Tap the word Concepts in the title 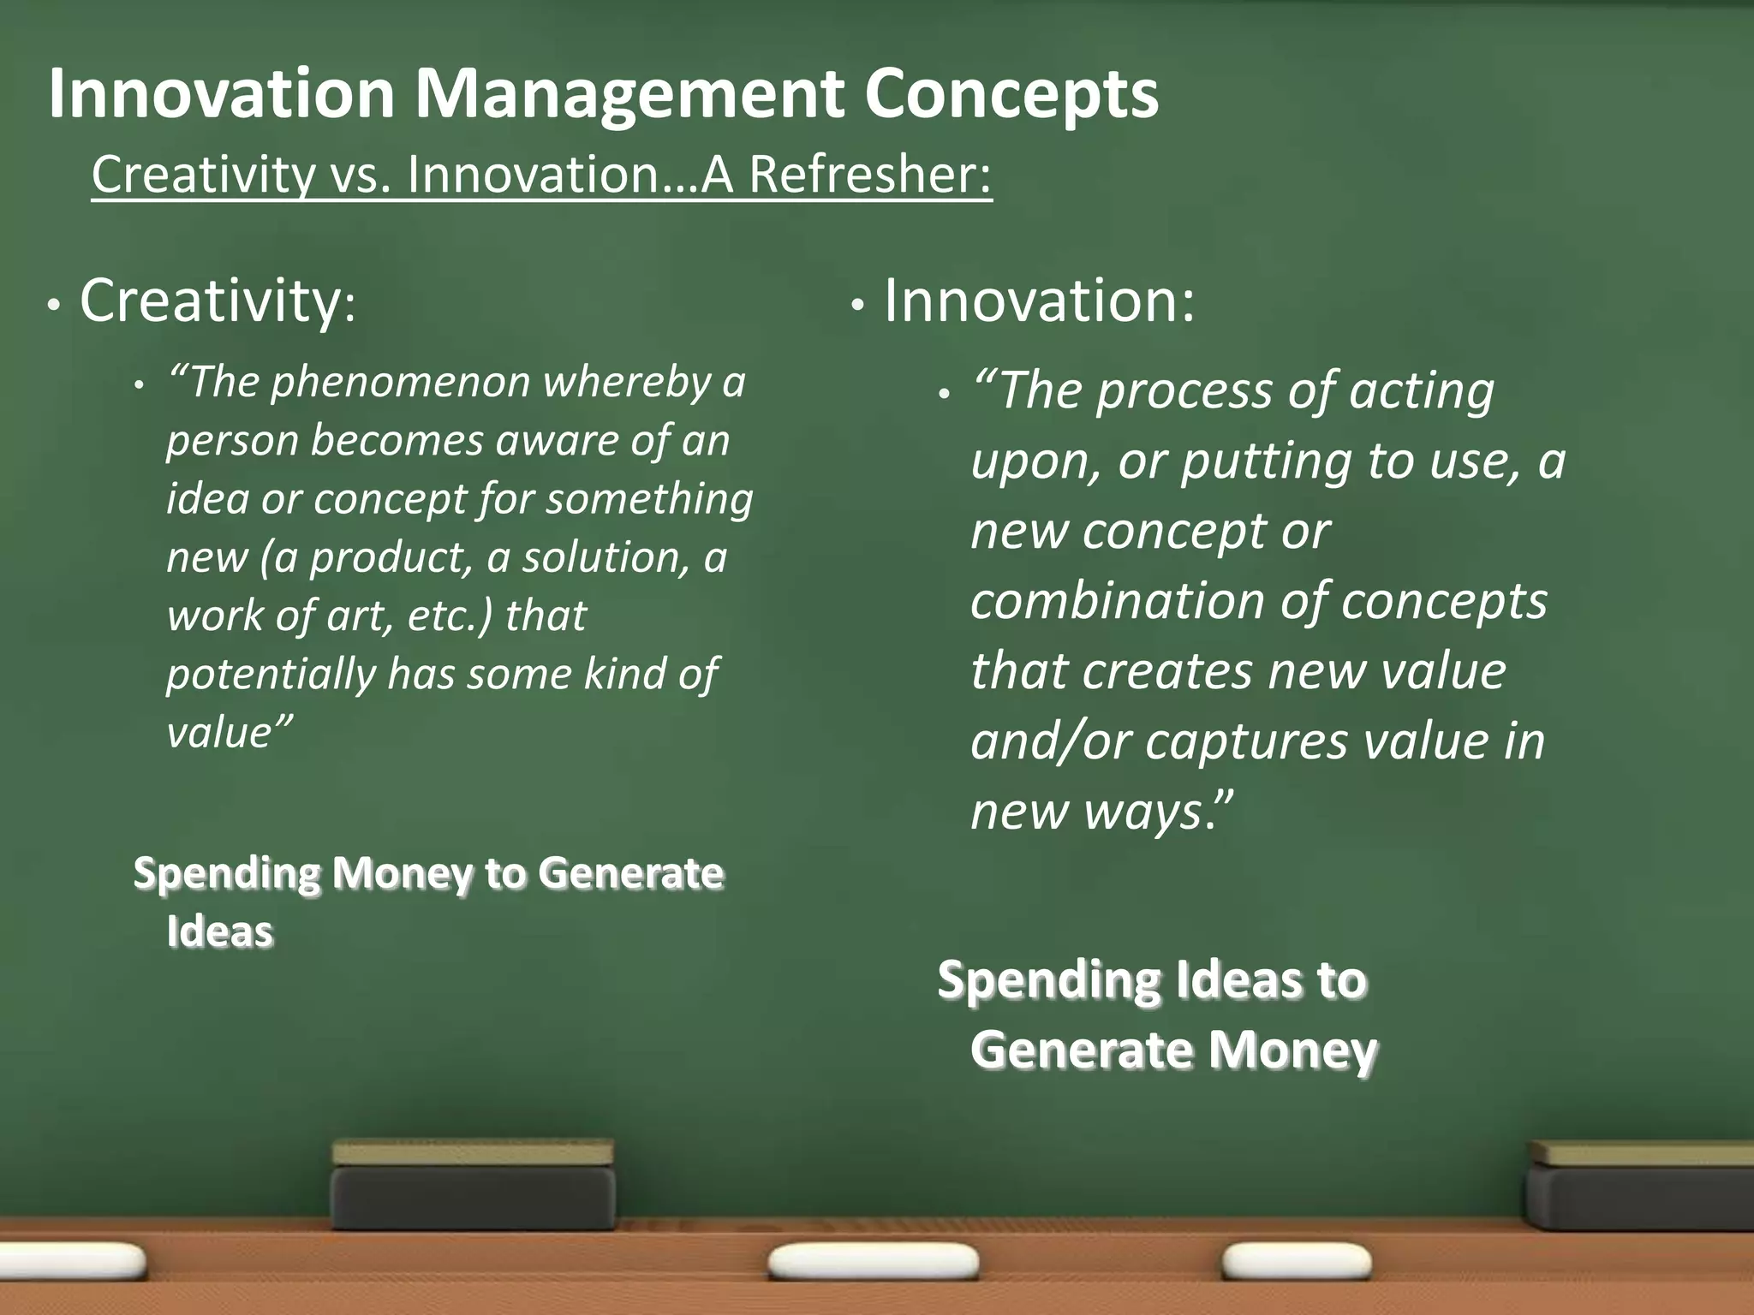coord(1011,94)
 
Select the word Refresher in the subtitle coord(870,175)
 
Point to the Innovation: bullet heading coord(1039,301)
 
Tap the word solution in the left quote coord(605,557)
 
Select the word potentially coord(271,674)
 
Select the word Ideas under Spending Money coord(219,931)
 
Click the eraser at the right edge coord(1640,1186)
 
